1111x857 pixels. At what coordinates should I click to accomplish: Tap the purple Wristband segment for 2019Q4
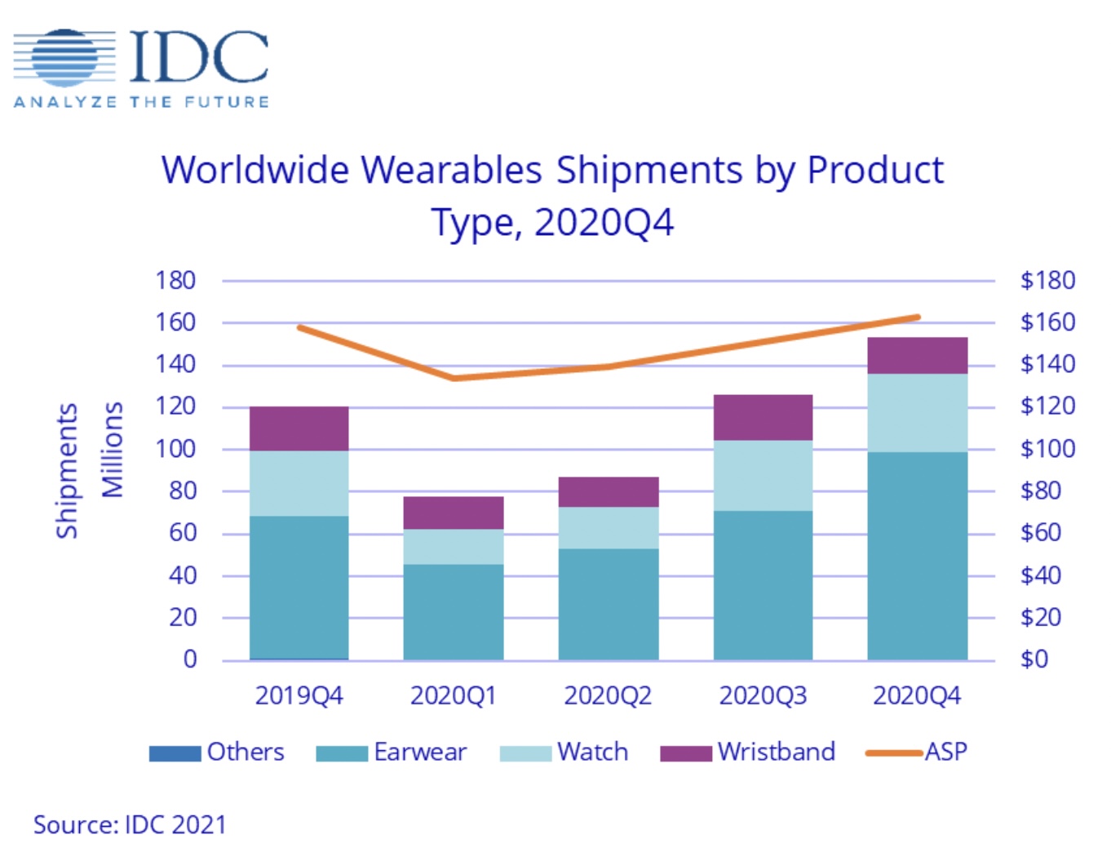point(299,428)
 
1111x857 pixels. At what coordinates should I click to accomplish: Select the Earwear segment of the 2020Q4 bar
point(917,555)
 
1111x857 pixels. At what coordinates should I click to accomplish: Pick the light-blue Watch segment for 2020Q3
point(763,476)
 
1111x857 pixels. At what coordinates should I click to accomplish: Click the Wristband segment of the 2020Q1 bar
point(454,513)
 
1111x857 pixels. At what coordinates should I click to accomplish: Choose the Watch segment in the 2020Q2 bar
point(609,527)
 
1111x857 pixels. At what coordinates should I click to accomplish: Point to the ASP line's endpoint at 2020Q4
point(918,317)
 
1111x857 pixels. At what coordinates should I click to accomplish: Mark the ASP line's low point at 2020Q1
point(454,378)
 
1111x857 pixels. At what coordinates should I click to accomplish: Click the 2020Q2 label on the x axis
point(608,695)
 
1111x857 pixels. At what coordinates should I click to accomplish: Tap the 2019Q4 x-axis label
point(299,695)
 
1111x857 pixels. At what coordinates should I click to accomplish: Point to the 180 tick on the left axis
point(175,280)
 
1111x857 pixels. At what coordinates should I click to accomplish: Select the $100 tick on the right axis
point(1047,448)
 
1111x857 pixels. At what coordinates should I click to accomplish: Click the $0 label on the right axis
point(1034,659)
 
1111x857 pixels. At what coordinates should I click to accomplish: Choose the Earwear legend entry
point(392,752)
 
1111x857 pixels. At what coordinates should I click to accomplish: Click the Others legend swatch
point(175,753)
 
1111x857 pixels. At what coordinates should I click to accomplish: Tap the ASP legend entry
point(917,752)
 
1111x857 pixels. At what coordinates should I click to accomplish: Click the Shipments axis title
point(67,471)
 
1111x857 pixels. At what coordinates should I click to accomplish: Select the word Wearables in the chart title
point(451,171)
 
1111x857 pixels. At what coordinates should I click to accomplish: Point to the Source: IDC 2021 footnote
point(130,824)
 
